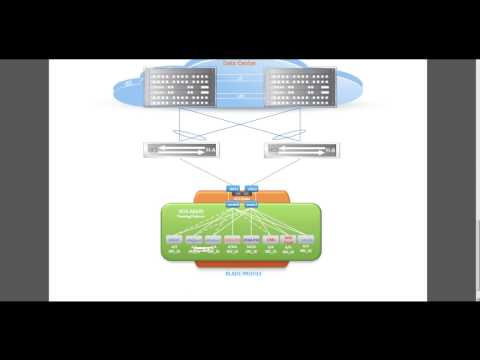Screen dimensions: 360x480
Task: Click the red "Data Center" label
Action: point(240,63)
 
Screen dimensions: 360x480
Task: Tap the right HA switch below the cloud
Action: point(297,150)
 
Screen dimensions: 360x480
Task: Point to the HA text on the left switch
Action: point(213,151)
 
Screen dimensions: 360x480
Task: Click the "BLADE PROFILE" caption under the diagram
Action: point(240,271)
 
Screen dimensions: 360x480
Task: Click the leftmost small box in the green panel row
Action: point(174,240)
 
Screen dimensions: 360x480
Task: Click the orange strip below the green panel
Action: point(240,262)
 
